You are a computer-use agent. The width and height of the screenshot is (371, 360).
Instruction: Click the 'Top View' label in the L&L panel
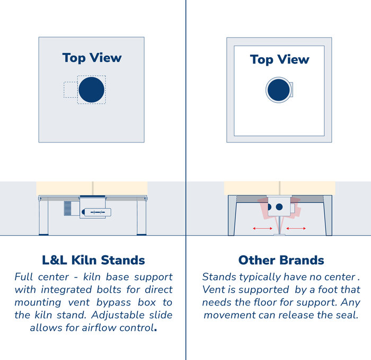pyautogui.click(x=92, y=58)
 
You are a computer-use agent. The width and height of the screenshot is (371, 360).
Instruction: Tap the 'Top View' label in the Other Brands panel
pyautogui.click(x=279, y=59)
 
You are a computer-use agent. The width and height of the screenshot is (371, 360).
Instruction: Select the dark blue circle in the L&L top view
pyautogui.click(x=91, y=89)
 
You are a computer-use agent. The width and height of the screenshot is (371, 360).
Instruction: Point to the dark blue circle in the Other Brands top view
pyautogui.click(x=279, y=90)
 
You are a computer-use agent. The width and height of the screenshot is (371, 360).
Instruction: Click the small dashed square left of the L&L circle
pyautogui.click(x=70, y=90)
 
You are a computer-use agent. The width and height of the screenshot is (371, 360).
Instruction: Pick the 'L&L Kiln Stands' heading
pyautogui.click(x=93, y=260)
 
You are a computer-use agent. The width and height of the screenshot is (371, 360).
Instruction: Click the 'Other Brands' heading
pyautogui.click(x=281, y=260)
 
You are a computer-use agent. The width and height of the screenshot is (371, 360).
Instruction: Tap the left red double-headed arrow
pyautogui.click(x=262, y=228)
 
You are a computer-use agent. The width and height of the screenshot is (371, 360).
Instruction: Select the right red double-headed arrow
pyautogui.click(x=296, y=228)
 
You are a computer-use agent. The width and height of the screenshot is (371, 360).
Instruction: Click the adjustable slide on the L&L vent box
pyautogui.click(x=97, y=212)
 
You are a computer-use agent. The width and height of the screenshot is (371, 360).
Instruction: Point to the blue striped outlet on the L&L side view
pyautogui.click(x=67, y=208)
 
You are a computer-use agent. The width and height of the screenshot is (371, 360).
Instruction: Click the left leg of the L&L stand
pyautogui.click(x=43, y=215)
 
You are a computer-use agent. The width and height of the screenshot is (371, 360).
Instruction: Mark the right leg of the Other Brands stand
pyautogui.click(x=328, y=215)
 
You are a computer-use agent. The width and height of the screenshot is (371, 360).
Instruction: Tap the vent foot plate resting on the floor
pyautogui.click(x=279, y=235)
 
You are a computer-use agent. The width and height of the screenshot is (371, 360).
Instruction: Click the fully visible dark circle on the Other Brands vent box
pyautogui.click(x=279, y=207)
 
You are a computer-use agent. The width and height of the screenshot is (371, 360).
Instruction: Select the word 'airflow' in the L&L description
pyautogui.click(x=100, y=328)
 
